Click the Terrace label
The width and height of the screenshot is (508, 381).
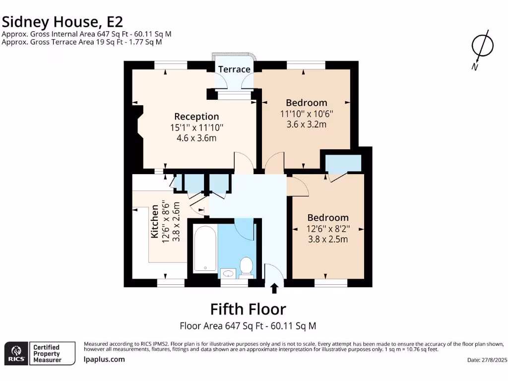click(x=234, y=69)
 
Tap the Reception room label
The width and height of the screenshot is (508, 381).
click(x=196, y=116)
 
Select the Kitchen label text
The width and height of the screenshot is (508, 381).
click(x=155, y=221)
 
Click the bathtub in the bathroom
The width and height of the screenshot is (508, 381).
click(x=205, y=249)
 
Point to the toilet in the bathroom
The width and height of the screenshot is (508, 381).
click(x=247, y=267)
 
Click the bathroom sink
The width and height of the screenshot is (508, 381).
click(x=228, y=273)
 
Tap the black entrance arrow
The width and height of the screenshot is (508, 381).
click(x=274, y=288)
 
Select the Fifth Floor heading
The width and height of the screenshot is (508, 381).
click(x=248, y=309)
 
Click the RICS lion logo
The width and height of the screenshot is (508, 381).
click(x=16, y=353)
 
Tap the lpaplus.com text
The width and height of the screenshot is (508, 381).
click(x=104, y=359)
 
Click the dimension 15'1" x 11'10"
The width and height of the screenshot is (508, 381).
click(x=196, y=127)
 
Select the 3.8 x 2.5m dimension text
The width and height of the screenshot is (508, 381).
click(x=328, y=240)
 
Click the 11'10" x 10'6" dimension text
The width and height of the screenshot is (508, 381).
click(x=307, y=114)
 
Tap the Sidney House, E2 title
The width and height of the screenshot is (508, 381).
click(x=63, y=22)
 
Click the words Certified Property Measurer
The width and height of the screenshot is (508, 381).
click(x=47, y=353)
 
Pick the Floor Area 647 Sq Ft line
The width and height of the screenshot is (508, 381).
click(x=248, y=325)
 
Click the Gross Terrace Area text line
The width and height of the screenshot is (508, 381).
click(x=82, y=42)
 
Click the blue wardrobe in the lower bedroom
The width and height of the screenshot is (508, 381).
click(x=343, y=163)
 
